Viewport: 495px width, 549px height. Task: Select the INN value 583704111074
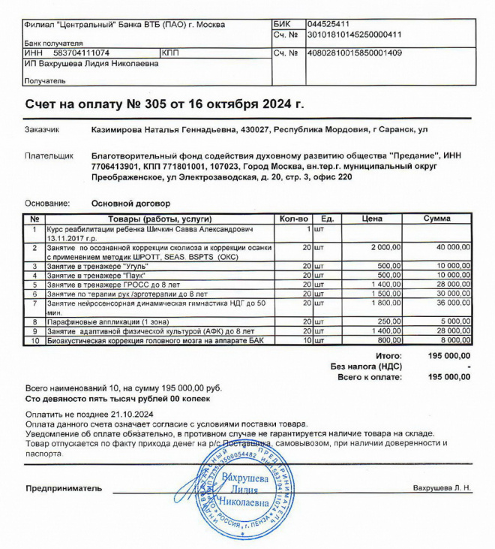[x=82, y=53]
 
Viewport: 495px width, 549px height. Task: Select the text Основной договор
[x=130, y=203]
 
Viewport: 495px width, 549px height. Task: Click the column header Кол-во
[x=293, y=219]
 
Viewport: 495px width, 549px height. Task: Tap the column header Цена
[x=373, y=219]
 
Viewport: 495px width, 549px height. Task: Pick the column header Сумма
[x=437, y=219]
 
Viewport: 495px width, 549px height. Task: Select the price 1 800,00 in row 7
[x=385, y=303]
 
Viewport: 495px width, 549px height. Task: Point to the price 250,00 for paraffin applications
[x=390, y=322]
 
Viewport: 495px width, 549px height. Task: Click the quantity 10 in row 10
[x=306, y=340]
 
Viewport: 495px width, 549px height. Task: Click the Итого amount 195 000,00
[x=448, y=355]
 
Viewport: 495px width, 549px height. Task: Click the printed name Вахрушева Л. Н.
[x=442, y=488]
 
